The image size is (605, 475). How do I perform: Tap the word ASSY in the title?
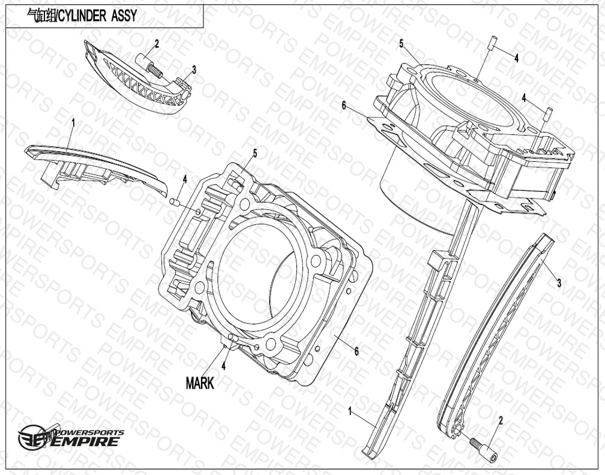[124, 16]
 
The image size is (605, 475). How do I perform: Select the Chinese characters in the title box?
[41, 16]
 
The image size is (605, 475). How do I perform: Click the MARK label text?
[199, 383]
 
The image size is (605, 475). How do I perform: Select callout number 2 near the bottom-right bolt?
[501, 420]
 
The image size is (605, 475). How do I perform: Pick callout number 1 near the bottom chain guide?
[350, 412]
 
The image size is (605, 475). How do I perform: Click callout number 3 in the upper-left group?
[194, 70]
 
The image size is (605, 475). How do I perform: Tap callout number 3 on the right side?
[559, 283]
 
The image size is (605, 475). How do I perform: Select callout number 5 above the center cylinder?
[255, 154]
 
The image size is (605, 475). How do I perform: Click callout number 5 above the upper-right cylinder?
[402, 44]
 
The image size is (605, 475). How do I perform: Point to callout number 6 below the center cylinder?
[357, 351]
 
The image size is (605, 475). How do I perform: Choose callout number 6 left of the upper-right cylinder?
[344, 105]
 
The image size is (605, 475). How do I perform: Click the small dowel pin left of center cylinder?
[174, 202]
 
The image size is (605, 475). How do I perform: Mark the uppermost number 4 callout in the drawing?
[516, 58]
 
